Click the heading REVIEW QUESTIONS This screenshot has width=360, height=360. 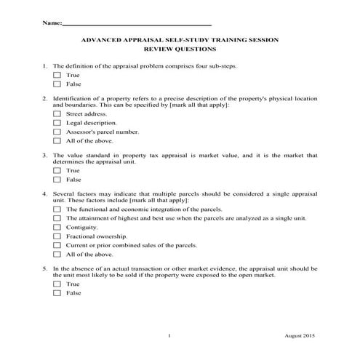pos(180,50)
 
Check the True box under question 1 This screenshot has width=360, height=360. pos(57,75)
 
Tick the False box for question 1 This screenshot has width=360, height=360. pos(57,84)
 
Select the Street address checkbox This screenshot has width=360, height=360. pos(57,114)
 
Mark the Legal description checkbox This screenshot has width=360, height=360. pos(57,123)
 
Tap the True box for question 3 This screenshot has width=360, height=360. pos(57,170)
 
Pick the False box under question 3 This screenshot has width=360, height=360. pos(57,179)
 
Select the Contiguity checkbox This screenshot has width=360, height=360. pos(57,227)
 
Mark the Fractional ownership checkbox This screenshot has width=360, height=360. pos(57,236)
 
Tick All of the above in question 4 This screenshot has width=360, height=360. pos(57,255)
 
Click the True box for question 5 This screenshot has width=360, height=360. pos(57,284)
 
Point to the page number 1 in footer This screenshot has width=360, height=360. pos(169,336)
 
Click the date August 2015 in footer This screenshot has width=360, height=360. pos(301,336)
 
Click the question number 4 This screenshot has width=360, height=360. pos(45,194)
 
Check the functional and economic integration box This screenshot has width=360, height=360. pos(57,209)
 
